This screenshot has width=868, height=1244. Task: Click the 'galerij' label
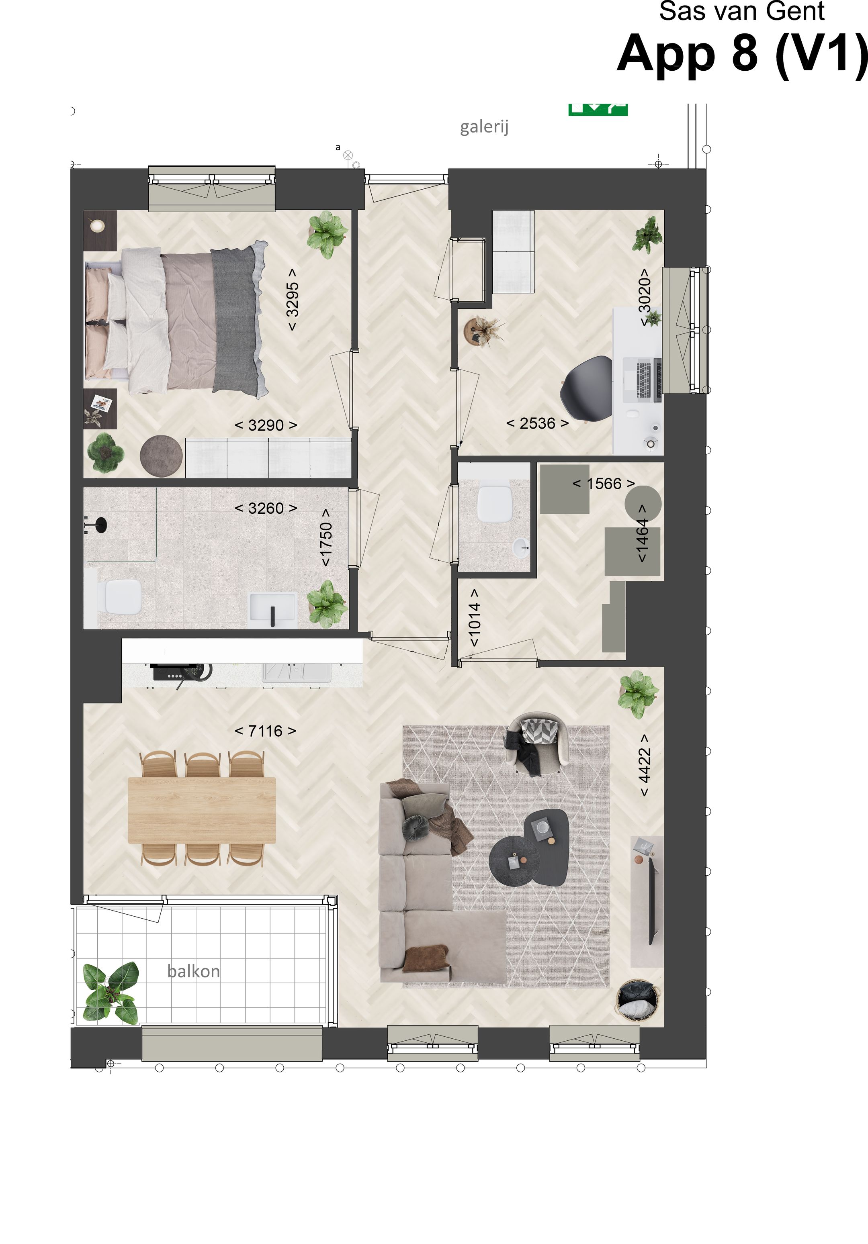[x=484, y=127]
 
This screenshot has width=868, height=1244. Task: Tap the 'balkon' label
[x=194, y=971]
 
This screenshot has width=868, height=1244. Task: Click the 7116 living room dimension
[x=266, y=731]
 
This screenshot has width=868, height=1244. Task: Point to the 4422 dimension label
[x=644, y=765]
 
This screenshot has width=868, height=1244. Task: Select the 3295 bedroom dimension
[x=292, y=299]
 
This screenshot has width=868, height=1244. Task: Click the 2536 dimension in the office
[x=537, y=423]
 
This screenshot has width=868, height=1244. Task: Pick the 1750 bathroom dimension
[x=325, y=537]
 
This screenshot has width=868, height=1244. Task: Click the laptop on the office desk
[x=643, y=379]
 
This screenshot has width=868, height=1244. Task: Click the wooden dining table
[x=202, y=810]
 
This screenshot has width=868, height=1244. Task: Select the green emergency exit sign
[x=598, y=109]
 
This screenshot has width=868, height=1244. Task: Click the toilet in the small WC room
[x=494, y=504]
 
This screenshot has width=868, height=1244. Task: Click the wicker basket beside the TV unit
[x=638, y=1000]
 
